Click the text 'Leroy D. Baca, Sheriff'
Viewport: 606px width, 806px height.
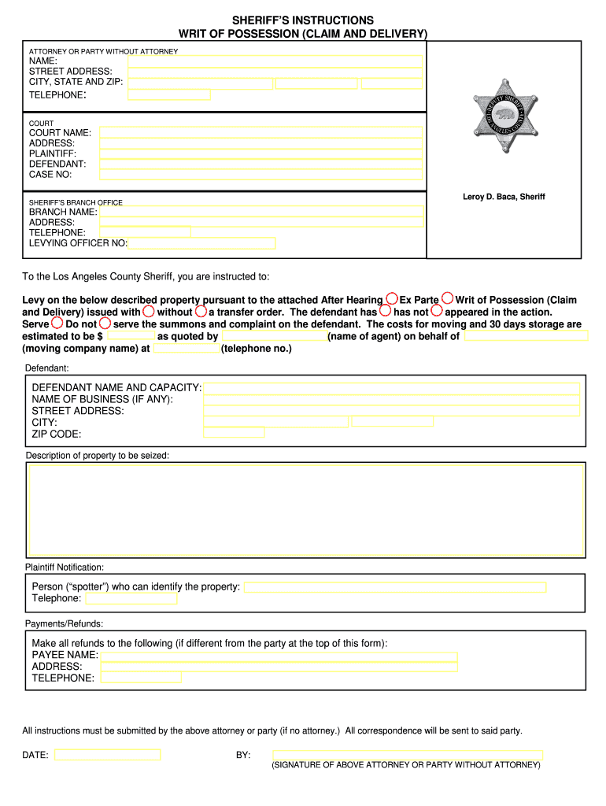coord(504,197)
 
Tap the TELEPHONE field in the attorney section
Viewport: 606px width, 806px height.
coord(168,95)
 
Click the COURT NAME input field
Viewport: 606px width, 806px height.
coord(261,132)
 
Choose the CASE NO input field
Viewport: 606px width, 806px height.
coord(261,175)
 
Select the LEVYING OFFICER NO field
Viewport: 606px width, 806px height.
coord(201,243)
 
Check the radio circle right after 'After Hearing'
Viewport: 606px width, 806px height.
coord(391,299)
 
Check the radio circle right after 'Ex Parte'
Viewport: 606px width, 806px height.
coord(447,298)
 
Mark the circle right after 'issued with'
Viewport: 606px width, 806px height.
coord(148,311)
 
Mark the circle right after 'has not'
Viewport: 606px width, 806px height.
coord(437,311)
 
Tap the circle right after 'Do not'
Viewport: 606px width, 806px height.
coord(105,323)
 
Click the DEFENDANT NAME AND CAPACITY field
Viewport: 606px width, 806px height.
coord(391,388)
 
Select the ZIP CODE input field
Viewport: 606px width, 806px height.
coord(234,433)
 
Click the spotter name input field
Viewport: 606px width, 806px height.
coord(394,587)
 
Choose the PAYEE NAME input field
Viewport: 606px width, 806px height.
coord(279,657)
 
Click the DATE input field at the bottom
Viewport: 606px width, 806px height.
coord(107,755)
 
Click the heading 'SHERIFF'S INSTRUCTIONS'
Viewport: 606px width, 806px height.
coord(303,20)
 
